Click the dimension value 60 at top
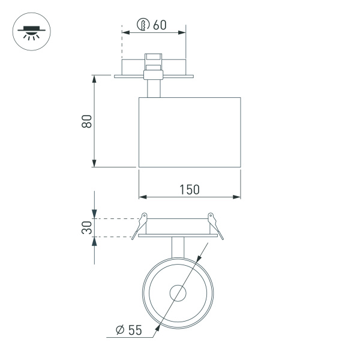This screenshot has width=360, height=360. click(159, 25)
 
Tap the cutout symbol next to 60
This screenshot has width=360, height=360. click(143, 25)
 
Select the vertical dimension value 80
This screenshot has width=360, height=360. click(86, 121)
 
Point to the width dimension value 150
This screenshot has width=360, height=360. click(189, 189)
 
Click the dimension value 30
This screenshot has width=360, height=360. click(86, 227)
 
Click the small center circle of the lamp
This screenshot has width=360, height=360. click(178, 293)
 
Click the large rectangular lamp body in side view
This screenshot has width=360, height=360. click(189, 132)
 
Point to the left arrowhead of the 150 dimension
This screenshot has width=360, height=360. click(142, 196)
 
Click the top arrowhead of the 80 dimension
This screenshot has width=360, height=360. click(94, 78)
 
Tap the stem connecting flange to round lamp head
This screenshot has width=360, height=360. click(178, 247)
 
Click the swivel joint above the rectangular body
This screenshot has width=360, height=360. click(154, 74)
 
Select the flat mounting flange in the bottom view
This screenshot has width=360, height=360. click(178, 236)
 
